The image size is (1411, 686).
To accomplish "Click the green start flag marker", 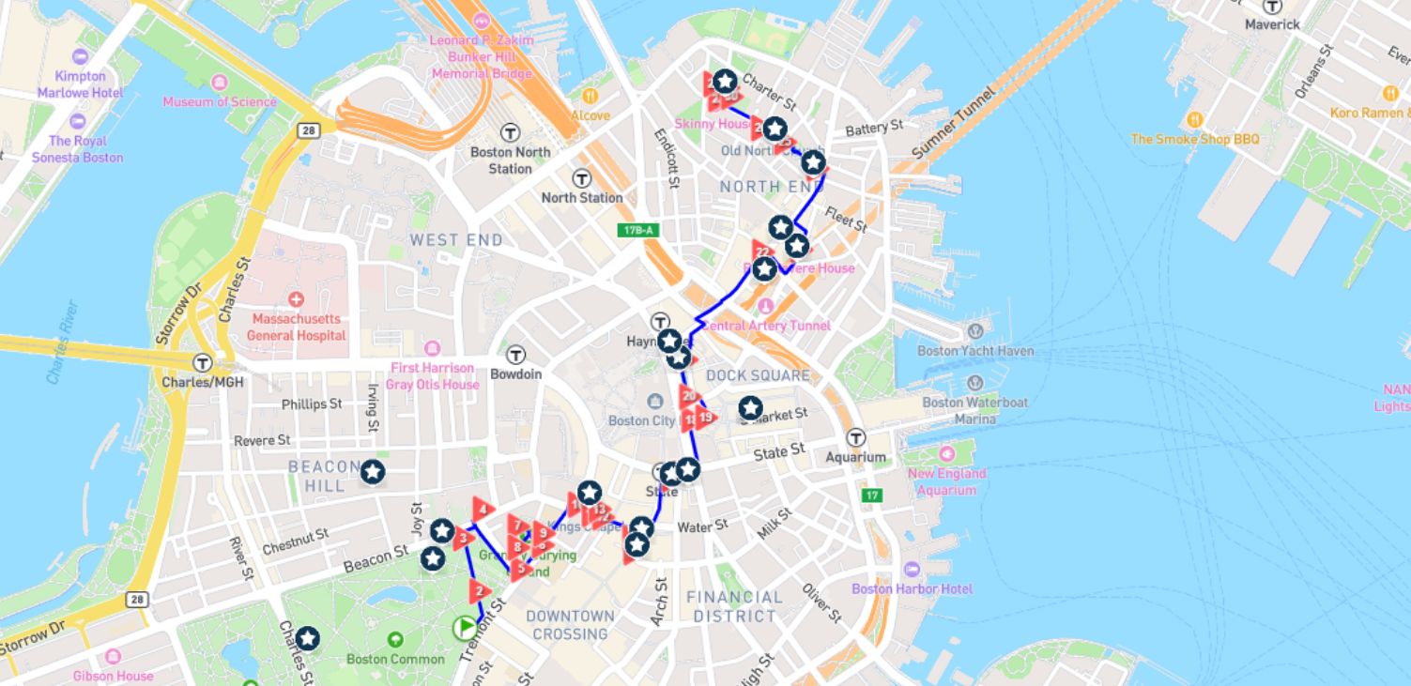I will click(466, 627).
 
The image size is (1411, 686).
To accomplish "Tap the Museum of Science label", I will click(220, 101).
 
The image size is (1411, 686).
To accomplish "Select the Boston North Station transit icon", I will click(511, 132).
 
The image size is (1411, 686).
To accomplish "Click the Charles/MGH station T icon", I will click(202, 362).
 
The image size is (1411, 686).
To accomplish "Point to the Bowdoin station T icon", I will click(515, 355).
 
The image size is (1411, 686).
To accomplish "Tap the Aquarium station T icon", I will click(855, 437).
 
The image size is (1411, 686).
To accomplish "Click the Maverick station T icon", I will click(1272, 6).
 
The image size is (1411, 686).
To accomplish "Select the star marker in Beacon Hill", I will click(373, 472).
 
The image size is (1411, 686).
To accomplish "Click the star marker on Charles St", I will click(307, 639).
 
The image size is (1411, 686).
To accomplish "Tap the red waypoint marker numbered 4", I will click(482, 511).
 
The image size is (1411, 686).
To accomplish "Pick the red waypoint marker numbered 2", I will click(480, 591).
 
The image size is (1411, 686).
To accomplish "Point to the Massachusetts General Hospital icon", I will click(297, 300).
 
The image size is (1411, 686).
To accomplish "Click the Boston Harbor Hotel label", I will click(912, 588).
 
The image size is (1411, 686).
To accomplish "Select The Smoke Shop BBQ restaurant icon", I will click(1195, 119).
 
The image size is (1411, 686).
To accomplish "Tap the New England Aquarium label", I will click(946, 481).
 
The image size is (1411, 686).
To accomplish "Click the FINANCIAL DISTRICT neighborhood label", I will click(735, 606).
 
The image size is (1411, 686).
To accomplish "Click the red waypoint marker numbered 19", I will click(705, 417).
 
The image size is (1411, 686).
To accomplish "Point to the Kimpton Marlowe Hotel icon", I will click(80, 56).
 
